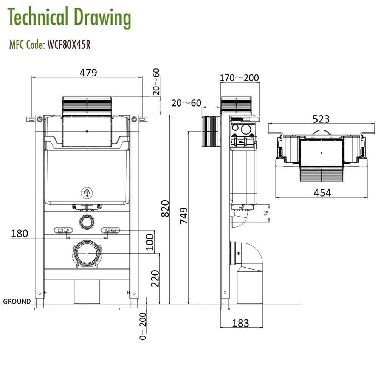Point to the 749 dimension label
[184, 216]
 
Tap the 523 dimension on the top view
[321, 119]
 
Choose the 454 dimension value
[322, 192]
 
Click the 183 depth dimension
[240, 323]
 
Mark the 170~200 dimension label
[239, 78]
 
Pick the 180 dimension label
[20, 233]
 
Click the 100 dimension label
[150, 242]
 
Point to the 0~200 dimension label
[143, 326]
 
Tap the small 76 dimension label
[266, 213]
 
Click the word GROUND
[17, 301]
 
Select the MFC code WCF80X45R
[68, 45]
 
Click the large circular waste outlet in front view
[87, 253]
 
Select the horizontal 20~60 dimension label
[186, 103]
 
